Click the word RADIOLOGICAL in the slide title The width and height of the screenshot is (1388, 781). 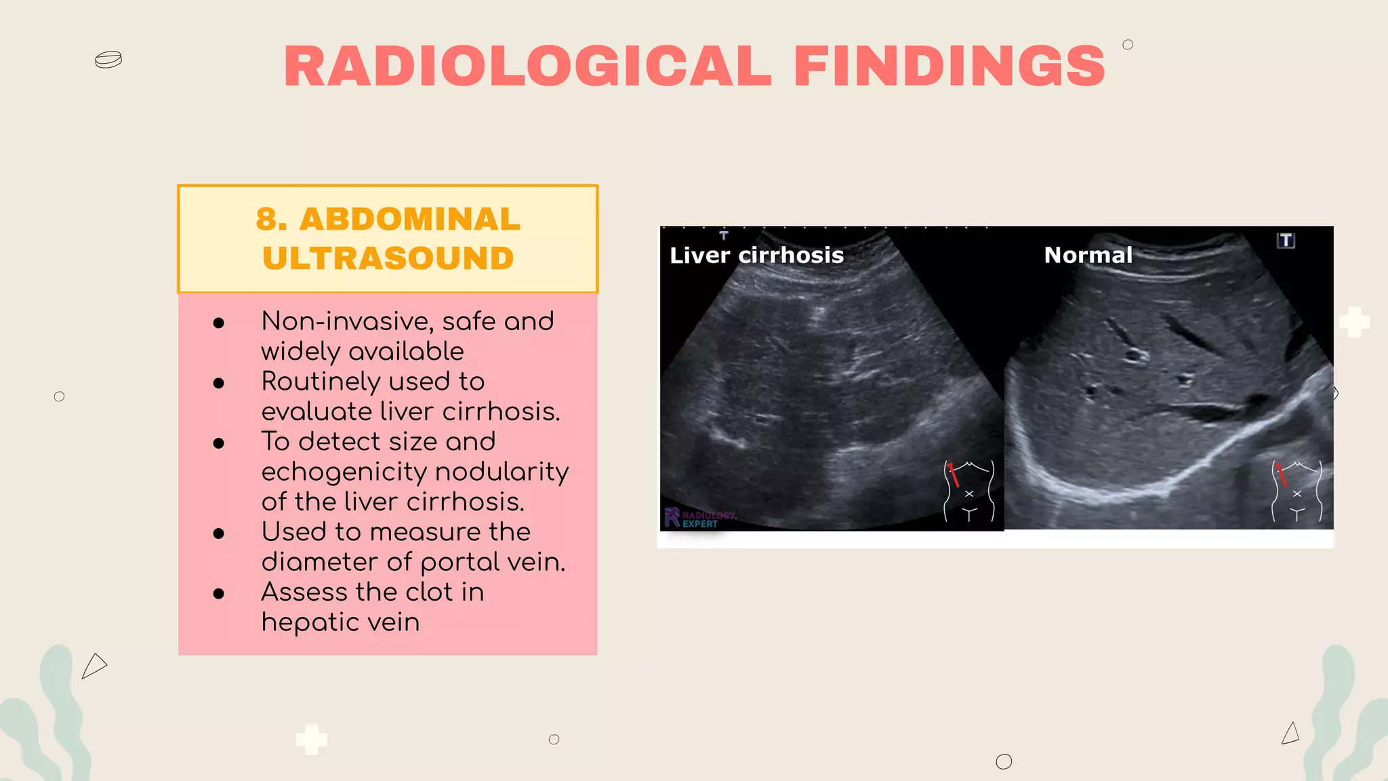pyautogui.click(x=527, y=66)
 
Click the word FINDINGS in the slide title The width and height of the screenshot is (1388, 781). pyautogui.click(x=949, y=66)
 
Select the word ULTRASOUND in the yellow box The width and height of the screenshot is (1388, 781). pyautogui.click(x=388, y=258)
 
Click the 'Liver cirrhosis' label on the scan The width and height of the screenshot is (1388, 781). pyautogui.click(x=756, y=256)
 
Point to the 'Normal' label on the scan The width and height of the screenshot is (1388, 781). pyautogui.click(x=1088, y=255)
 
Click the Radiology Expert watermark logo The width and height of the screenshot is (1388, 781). pyautogui.click(x=698, y=519)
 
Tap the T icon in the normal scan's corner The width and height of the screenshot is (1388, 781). pyautogui.click(x=1286, y=241)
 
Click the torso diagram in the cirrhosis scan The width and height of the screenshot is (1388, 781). pyautogui.click(x=969, y=492)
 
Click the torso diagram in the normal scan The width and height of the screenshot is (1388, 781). pyautogui.click(x=1297, y=492)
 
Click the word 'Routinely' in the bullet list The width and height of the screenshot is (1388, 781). pyautogui.click(x=321, y=382)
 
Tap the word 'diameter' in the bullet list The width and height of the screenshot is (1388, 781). pyautogui.click(x=320, y=562)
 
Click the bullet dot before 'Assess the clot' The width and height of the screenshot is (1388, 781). pyautogui.click(x=218, y=594)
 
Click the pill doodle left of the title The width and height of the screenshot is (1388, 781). pyautogui.click(x=108, y=60)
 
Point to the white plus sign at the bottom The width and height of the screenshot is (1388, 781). pyautogui.click(x=312, y=739)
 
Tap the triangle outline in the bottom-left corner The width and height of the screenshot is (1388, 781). pyautogui.click(x=94, y=666)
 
